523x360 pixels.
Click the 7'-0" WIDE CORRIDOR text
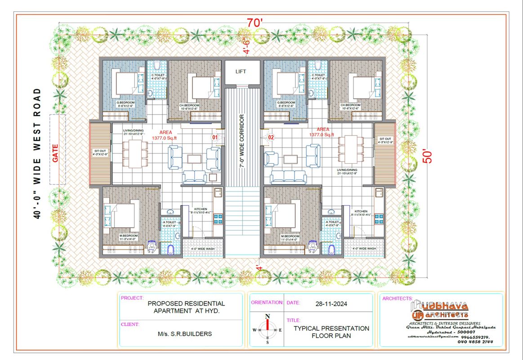[x=241, y=141]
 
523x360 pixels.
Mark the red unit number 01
[x=215, y=137]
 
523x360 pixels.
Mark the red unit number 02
[x=271, y=137]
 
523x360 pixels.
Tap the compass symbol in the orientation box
[x=267, y=329]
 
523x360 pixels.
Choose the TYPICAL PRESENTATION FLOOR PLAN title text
[x=331, y=332]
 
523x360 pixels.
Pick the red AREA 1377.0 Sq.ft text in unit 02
[x=322, y=131]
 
